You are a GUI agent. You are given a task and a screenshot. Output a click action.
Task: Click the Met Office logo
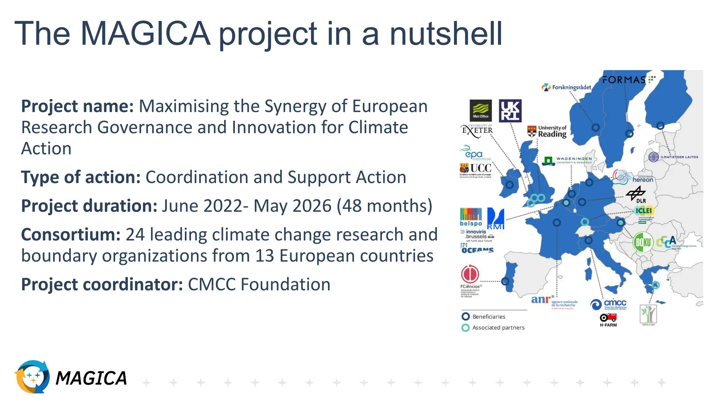480,110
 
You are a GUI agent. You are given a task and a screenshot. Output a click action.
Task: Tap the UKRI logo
510,111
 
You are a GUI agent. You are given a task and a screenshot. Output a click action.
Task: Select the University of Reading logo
547,131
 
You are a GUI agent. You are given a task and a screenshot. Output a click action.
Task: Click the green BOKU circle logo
643,242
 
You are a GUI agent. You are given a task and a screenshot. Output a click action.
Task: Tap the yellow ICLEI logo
644,211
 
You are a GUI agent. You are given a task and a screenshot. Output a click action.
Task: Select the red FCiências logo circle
470,274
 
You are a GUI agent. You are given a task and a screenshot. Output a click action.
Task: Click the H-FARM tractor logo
608,319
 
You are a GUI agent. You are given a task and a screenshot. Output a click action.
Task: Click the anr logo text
541,300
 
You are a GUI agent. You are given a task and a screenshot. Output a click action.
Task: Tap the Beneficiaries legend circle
466,317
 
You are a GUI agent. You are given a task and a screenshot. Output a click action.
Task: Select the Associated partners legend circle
466,328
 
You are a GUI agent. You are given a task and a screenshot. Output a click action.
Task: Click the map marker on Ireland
509,184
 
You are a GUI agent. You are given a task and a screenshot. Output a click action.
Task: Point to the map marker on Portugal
505,281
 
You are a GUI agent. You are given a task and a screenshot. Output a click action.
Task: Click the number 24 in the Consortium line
136,235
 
